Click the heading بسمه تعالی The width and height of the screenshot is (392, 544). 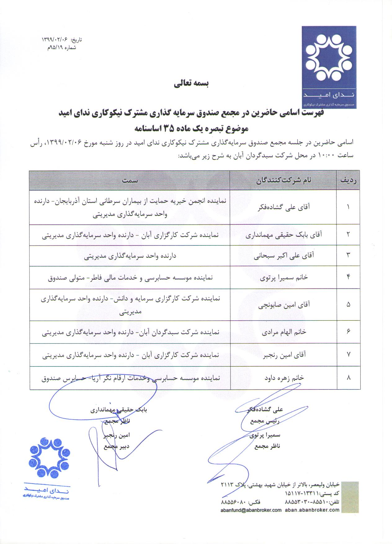[x=191, y=84]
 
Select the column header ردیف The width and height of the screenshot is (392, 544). [x=349, y=180]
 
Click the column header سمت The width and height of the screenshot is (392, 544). [x=130, y=180]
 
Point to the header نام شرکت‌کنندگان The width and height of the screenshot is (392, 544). [x=283, y=180]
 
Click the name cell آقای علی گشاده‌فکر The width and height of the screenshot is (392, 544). [x=283, y=207]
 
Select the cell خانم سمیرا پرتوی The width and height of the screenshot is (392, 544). [x=283, y=277]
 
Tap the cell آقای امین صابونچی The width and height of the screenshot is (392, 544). [x=283, y=305]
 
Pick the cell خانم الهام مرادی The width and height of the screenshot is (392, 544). [x=283, y=332]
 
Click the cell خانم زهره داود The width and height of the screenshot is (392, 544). [x=283, y=378]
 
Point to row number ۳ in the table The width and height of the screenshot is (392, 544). [x=349, y=255]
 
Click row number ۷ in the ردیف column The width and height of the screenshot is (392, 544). [x=349, y=355]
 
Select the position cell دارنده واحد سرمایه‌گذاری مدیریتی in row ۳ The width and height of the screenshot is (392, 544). [x=130, y=256]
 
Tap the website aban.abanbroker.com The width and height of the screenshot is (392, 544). [x=312, y=510]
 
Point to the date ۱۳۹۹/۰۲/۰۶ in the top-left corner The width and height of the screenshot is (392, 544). [x=55, y=40]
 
